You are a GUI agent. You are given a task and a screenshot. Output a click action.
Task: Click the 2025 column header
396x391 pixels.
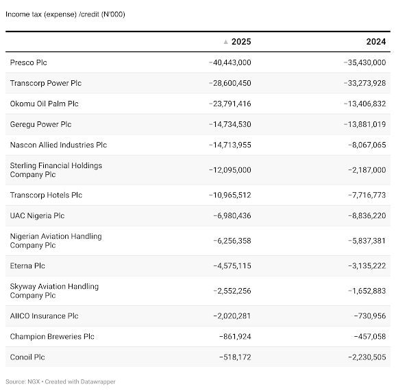241,42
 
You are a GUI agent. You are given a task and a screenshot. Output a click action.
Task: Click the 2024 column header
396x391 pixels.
376,42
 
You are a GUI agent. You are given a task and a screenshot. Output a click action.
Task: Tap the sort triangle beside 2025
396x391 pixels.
226,42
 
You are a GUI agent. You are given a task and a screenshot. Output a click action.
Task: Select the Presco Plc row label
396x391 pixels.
28,62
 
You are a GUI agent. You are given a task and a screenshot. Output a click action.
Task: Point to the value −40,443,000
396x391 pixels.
230,62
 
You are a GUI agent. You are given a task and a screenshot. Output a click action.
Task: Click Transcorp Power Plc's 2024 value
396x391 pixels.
364,83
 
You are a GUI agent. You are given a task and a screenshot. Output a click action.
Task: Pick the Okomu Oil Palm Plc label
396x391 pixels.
45,104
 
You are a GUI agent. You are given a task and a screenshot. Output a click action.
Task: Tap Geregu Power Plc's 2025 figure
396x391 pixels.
230,124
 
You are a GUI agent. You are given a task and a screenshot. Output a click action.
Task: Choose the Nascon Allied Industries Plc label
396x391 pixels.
58,145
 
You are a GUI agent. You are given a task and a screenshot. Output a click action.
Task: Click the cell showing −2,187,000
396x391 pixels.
367,170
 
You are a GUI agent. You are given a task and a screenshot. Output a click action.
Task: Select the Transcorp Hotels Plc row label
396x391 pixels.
46,195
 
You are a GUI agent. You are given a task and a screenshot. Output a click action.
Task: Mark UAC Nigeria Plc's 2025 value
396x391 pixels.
232,215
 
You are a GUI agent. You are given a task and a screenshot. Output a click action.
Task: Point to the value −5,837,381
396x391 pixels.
367,241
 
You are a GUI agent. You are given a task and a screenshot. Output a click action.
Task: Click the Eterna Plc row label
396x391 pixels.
27,265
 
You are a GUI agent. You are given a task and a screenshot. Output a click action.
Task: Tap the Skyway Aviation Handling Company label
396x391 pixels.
54,291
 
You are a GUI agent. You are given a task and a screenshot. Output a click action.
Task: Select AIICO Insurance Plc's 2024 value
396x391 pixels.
370,316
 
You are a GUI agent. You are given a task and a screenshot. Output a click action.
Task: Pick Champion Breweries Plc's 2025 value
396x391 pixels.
235,337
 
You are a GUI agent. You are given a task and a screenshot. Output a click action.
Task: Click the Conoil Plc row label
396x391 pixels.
27,357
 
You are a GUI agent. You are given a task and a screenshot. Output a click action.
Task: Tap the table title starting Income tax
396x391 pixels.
65,14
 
